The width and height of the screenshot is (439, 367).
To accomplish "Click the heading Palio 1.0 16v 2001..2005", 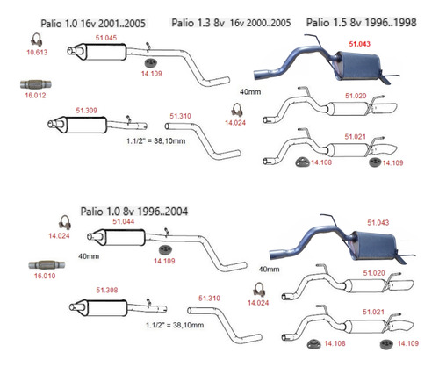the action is click(93, 24).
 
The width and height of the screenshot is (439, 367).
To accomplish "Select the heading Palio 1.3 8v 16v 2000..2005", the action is click(231, 23).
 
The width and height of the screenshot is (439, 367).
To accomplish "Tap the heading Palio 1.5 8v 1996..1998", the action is click(361, 23).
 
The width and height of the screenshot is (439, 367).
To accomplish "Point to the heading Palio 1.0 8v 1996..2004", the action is click(134, 212).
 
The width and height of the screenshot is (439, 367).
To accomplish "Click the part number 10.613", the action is click(37, 53).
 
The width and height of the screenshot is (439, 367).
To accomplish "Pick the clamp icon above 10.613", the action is click(37, 40).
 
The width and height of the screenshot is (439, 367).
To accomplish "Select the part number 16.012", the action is click(35, 96).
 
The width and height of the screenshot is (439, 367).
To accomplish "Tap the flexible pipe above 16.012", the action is click(36, 84).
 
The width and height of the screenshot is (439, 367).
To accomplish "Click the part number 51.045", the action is click(106, 38).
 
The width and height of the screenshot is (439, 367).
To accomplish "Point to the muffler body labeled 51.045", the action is click(107, 52).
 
